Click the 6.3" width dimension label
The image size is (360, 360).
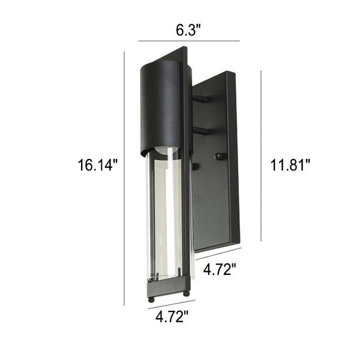(188, 30)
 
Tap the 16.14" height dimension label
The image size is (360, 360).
(98, 165)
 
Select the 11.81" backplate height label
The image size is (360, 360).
(290, 165)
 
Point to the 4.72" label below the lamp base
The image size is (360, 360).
(172, 316)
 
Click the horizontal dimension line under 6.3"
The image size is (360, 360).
(189, 41)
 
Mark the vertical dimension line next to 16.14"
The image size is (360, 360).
(124, 178)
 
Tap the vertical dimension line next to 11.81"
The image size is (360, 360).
(261, 156)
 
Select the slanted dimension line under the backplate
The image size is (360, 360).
(218, 254)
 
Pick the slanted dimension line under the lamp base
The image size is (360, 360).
(172, 304)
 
